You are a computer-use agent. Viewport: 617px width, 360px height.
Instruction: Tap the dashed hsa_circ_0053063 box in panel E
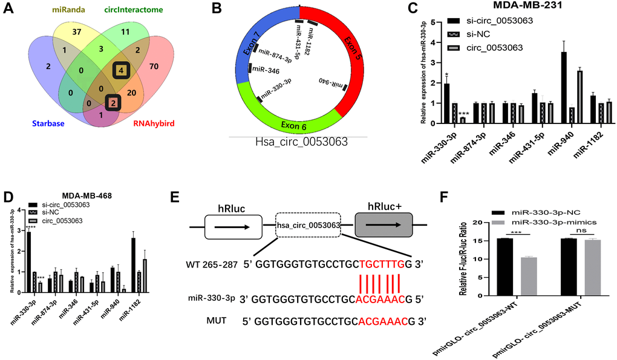pos(308,226)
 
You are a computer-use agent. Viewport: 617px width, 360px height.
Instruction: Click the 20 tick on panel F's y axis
pos(481,223)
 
